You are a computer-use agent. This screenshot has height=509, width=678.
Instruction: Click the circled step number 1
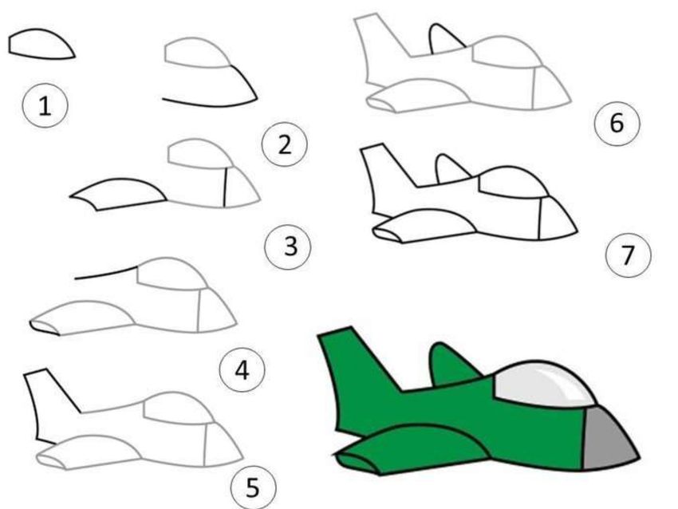coord(45,105)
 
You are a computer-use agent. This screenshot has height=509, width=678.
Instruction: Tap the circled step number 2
coord(285,144)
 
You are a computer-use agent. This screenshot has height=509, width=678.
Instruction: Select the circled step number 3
coord(289,247)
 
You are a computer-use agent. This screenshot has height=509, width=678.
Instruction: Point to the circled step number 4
coord(242,369)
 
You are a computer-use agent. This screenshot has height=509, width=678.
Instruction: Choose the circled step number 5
coord(253,487)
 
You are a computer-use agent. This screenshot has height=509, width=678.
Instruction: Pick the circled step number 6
coord(617,123)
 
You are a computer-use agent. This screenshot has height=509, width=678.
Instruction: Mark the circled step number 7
coord(628,254)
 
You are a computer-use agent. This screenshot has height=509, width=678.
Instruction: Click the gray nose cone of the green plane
coord(608,439)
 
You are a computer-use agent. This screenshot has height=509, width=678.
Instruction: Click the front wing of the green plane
coord(411,450)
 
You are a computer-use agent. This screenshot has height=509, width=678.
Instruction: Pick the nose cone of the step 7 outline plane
coord(557,219)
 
